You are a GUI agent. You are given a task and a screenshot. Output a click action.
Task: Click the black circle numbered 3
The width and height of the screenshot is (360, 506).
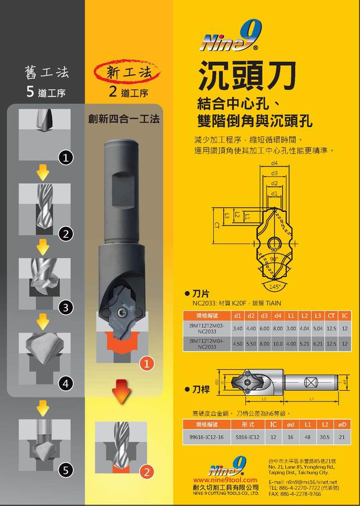66,308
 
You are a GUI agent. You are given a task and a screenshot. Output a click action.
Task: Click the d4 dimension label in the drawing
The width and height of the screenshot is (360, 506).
274,163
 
